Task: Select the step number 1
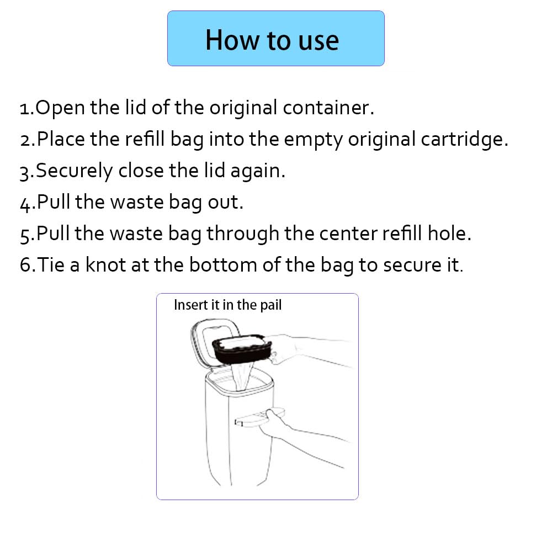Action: (25, 109)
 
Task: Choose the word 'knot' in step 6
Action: (105, 265)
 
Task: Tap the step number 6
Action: (25, 265)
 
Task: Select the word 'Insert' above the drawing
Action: (190, 305)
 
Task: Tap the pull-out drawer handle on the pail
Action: (259, 418)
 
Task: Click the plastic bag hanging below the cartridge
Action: (242, 376)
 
